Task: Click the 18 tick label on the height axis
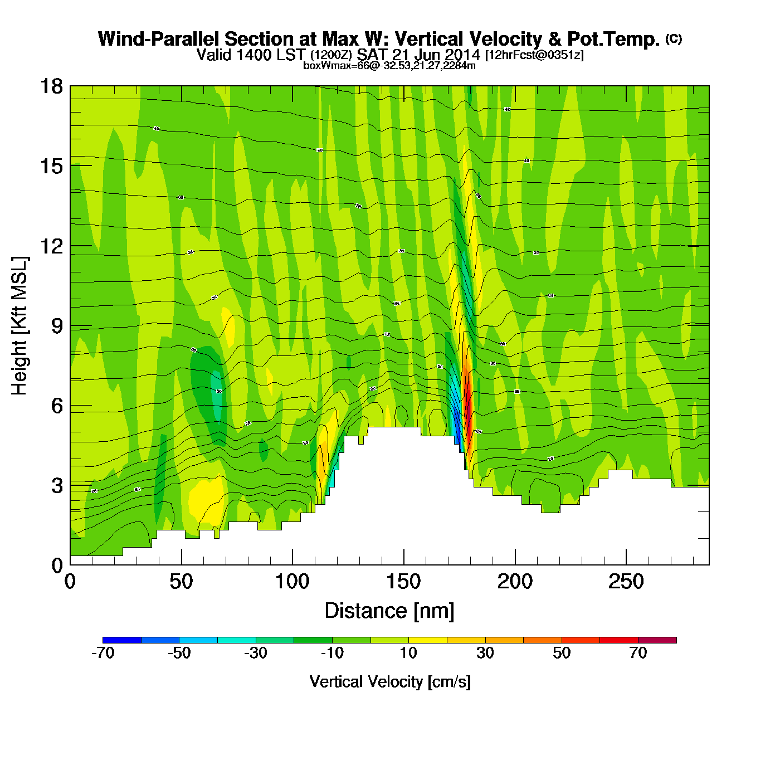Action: [51, 86]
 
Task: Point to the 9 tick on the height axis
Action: [58, 326]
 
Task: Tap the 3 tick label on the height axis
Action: [58, 486]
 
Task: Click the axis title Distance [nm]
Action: [389, 611]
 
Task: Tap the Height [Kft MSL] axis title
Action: [19, 326]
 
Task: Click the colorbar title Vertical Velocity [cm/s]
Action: [390, 682]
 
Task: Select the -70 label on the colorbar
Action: [103, 653]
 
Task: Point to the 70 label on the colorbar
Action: [638, 653]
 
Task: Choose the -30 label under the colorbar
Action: [256, 653]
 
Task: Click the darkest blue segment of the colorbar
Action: [122, 640]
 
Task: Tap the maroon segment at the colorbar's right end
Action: [657, 640]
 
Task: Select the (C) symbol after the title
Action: [674, 38]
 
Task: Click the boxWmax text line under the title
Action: [389, 66]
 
